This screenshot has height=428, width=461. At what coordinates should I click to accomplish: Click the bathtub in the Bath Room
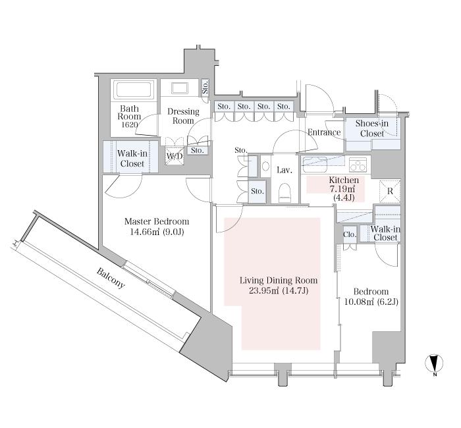134,90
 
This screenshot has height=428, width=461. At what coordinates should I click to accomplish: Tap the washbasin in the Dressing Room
180,88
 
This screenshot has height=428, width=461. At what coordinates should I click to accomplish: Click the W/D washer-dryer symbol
175,155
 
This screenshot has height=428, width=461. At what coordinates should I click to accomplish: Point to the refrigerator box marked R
390,191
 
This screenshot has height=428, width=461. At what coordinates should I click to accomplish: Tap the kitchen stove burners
358,165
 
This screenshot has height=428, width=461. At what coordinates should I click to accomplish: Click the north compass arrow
434,363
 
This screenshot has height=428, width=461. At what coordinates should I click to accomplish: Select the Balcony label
111,278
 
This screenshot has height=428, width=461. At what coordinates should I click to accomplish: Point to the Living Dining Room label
279,281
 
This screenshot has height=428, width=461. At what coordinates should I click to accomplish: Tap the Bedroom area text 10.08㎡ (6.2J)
371,302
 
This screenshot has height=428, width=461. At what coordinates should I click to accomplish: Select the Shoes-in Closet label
372,128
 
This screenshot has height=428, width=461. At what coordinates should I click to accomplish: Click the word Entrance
324,132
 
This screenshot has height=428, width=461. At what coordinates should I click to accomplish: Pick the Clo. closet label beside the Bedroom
350,234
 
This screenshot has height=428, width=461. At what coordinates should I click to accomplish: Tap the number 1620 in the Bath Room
129,124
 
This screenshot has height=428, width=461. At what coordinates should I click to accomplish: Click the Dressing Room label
183,116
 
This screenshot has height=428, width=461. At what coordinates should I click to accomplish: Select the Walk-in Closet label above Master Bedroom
132,159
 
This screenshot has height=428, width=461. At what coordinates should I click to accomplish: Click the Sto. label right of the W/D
198,151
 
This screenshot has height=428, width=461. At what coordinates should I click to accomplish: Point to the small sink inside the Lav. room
265,167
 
